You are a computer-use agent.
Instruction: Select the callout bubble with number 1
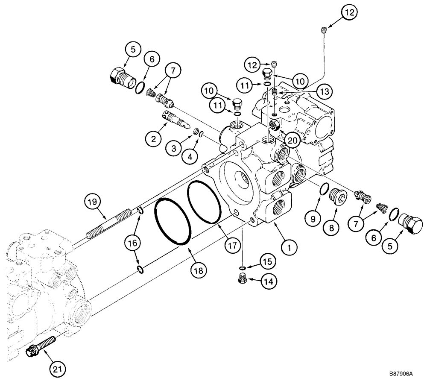(289, 246)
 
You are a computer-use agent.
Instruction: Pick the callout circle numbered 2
(152, 138)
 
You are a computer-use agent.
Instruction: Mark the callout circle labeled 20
(292, 140)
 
